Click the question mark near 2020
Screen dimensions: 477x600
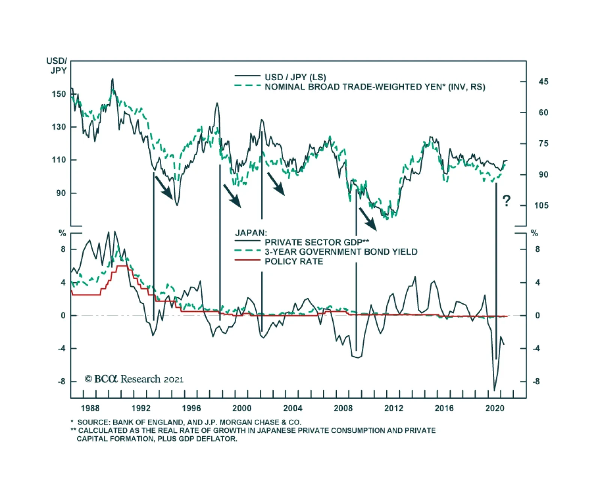[x=506, y=201]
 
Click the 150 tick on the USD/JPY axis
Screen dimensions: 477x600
[x=58, y=94]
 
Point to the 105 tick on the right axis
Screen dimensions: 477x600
[x=541, y=205]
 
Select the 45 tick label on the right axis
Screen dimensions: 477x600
[x=543, y=82]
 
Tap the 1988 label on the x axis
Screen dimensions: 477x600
[x=90, y=408]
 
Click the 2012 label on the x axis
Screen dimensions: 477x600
[x=393, y=408]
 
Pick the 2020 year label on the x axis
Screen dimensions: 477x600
[x=495, y=408]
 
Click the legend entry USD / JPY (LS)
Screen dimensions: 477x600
[x=295, y=77]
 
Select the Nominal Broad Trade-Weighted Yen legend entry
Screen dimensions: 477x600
[x=375, y=87]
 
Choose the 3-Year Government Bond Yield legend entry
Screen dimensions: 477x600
[x=341, y=252]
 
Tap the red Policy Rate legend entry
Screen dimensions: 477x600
[x=294, y=262]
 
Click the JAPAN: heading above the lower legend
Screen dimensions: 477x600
[x=251, y=233]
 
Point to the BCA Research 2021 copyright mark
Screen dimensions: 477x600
[x=134, y=379]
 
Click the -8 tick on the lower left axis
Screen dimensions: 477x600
[x=61, y=382]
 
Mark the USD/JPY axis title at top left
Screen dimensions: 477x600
[x=57, y=66]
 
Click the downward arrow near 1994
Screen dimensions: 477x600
[x=163, y=187]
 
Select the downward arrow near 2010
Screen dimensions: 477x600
[x=367, y=219]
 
